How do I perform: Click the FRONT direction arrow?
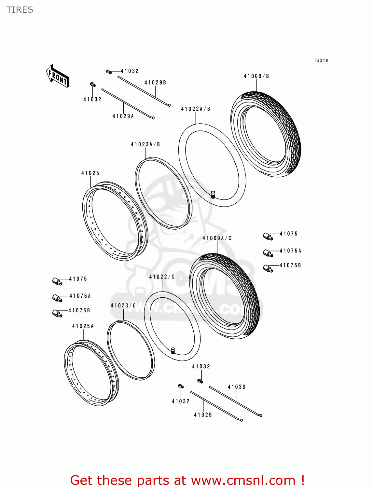click(x=57, y=76)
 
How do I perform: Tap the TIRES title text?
click(x=20, y=10)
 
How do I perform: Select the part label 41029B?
click(x=155, y=83)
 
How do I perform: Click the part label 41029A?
click(x=123, y=116)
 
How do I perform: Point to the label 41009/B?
click(x=256, y=76)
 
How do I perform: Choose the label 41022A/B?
click(x=196, y=109)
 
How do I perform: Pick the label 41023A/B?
click(x=145, y=144)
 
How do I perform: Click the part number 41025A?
click(x=83, y=326)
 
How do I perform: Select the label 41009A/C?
click(x=217, y=238)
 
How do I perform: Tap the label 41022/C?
click(x=162, y=277)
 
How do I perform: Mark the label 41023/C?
click(x=123, y=305)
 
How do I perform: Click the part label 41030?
click(x=237, y=387)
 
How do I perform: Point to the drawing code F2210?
click(x=321, y=60)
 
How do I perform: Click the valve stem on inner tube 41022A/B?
click(x=214, y=195)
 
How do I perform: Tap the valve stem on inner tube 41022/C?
click(x=173, y=351)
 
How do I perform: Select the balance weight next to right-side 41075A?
click(x=268, y=253)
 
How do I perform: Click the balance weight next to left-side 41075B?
click(x=57, y=313)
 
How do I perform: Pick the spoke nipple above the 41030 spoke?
click(x=200, y=381)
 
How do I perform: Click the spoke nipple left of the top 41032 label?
click(x=109, y=72)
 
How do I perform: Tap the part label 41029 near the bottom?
click(x=203, y=415)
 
